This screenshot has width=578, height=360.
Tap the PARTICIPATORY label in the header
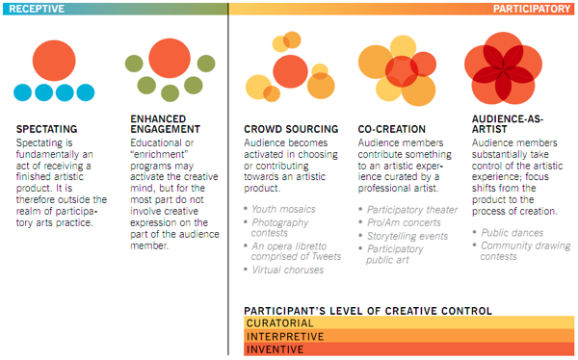(531, 8)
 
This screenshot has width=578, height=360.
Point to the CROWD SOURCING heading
(292, 129)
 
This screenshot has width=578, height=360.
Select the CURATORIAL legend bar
(409, 323)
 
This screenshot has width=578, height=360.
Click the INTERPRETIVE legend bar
(409, 337)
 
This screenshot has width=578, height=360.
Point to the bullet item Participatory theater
(412, 208)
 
